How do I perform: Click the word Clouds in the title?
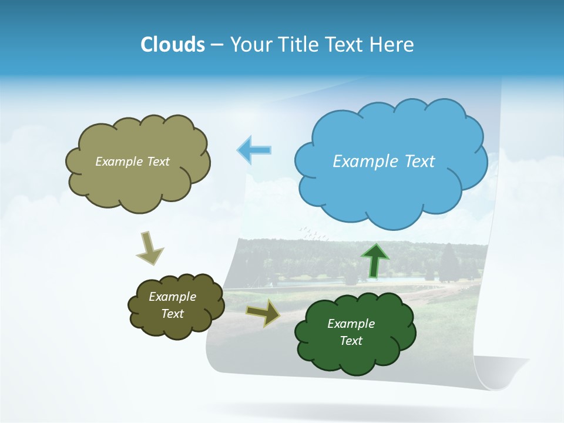tap(172, 45)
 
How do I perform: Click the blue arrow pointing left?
tap(254, 150)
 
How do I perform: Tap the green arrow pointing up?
tap(374, 260)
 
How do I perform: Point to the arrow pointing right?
tap(263, 313)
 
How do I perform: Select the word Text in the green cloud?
tap(351, 341)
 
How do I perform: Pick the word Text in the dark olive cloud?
tap(172, 314)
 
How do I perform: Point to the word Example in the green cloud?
tap(351, 324)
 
